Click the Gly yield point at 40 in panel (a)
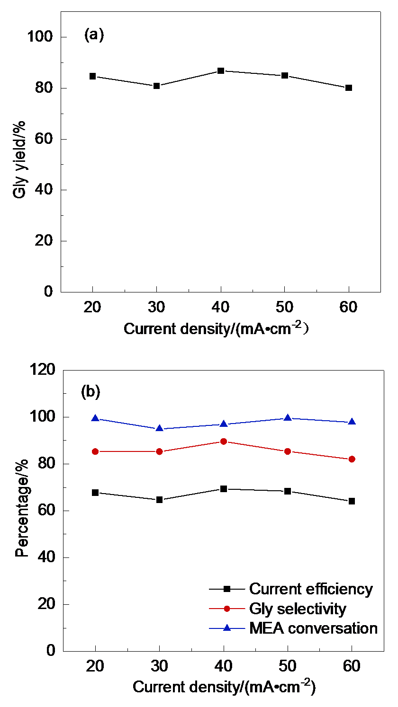[220, 71]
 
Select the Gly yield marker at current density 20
[93, 76]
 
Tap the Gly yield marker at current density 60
[348, 88]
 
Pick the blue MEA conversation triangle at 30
[160, 428]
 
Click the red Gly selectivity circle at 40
[224, 441]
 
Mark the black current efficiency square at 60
[352, 501]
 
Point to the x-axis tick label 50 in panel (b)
[288, 666]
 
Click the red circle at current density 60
[352, 459]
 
